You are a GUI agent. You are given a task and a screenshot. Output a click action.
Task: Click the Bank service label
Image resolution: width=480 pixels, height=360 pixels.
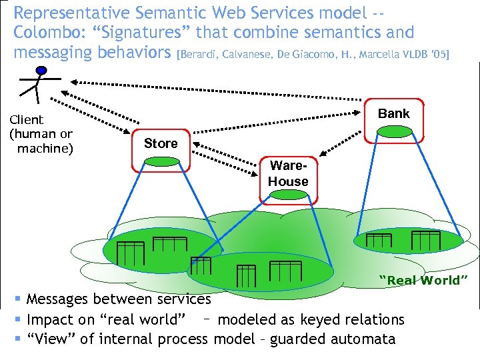(393, 113)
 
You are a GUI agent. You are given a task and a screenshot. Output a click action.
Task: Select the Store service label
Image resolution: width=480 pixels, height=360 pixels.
(161, 143)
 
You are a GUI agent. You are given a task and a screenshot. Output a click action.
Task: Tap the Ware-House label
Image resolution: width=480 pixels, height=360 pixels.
(288, 175)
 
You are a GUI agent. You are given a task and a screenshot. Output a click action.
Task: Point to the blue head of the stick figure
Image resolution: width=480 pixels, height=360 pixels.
(41, 69)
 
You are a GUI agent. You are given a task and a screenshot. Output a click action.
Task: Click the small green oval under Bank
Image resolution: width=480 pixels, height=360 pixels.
(393, 133)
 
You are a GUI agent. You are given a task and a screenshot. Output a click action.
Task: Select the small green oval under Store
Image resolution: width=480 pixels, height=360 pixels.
(161, 161)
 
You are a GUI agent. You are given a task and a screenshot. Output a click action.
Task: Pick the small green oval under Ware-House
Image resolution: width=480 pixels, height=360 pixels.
(288, 194)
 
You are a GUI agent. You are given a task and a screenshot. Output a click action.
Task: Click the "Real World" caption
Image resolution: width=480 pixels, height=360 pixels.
(419, 280)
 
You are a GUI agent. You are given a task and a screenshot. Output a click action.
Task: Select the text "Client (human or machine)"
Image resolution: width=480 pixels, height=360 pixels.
(40, 133)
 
